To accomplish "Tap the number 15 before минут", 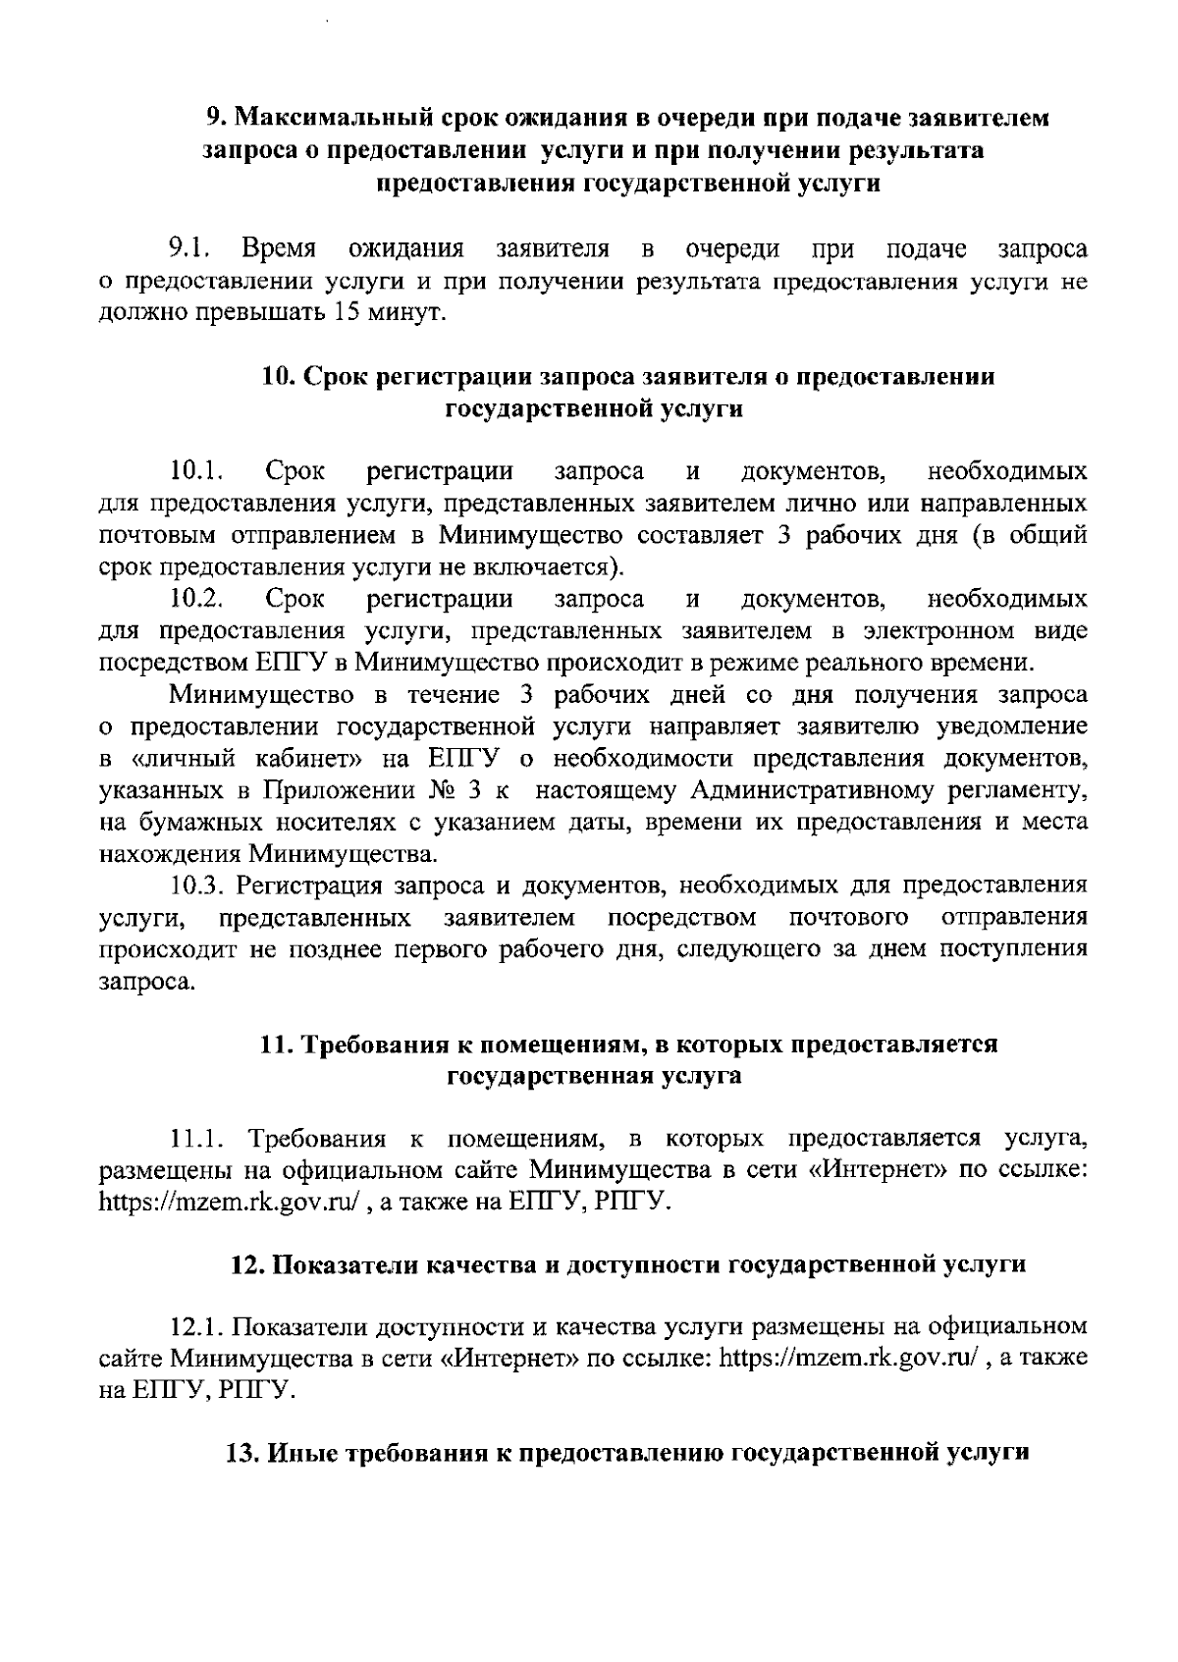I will click(350, 313).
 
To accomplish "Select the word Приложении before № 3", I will click(337, 789).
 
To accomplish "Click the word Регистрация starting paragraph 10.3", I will click(311, 885).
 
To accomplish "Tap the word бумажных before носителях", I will click(193, 821).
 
